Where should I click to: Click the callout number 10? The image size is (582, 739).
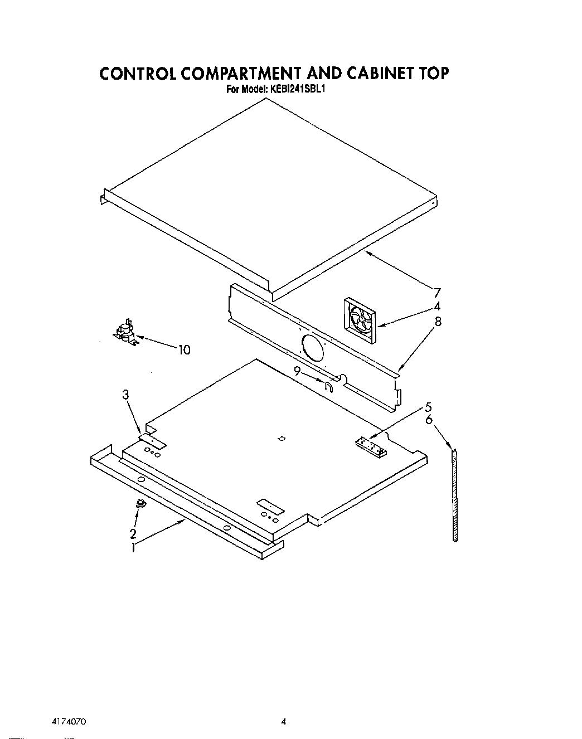click(184, 350)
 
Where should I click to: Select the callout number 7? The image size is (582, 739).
click(437, 293)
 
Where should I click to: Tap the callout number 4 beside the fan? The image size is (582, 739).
click(437, 306)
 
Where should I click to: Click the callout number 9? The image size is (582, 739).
click(298, 370)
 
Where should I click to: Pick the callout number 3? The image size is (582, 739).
click(126, 395)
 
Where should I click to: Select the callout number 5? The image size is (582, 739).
click(428, 406)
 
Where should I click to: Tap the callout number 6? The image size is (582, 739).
click(428, 420)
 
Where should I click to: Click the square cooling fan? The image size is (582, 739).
click(360, 320)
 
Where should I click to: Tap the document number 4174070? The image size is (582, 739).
click(65, 721)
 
